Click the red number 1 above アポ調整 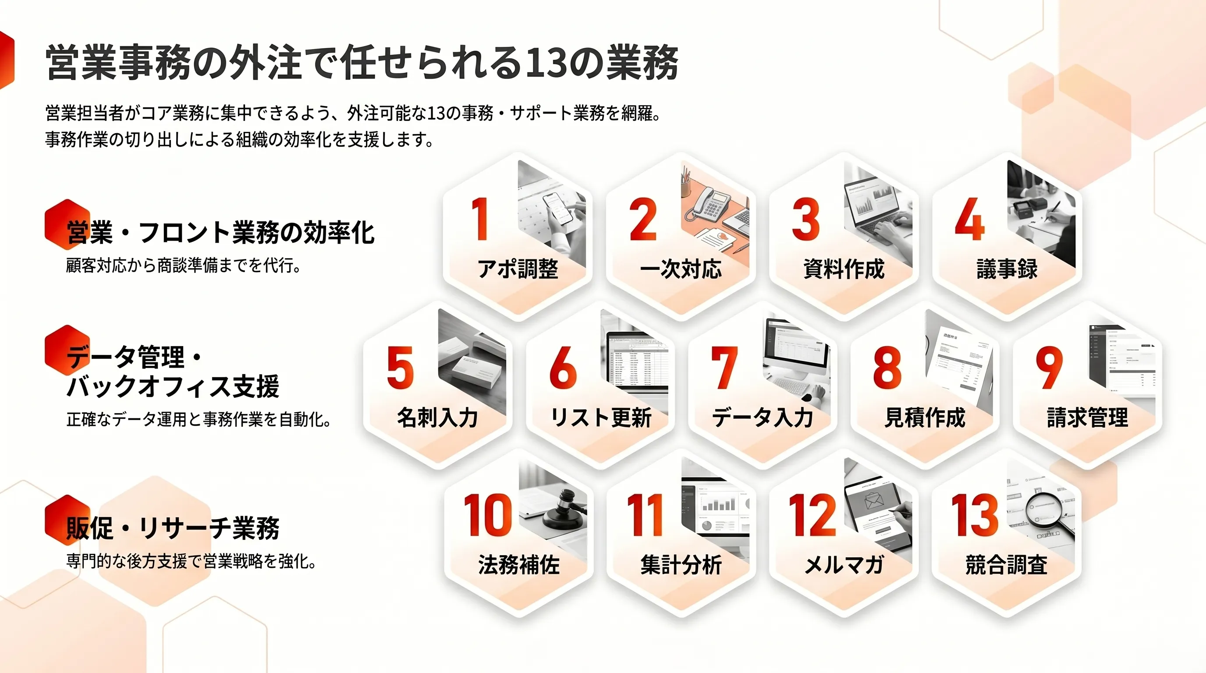[x=480, y=219]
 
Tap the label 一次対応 [x=681, y=269]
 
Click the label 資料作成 [x=844, y=269]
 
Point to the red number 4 [x=969, y=219]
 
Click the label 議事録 [x=1007, y=269]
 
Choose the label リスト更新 [x=601, y=418]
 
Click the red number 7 [x=724, y=367]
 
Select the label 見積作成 [x=925, y=418]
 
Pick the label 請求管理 [x=1088, y=418]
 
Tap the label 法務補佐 [x=519, y=565]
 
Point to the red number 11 [x=645, y=515]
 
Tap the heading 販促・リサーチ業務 [x=173, y=528]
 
